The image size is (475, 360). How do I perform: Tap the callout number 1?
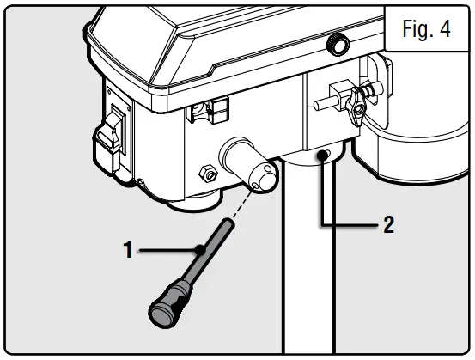[x=128, y=252]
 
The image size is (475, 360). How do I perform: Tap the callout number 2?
[x=389, y=225]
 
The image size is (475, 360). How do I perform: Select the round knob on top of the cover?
[x=338, y=44]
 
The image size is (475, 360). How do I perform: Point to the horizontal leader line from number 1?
[x=167, y=251]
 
